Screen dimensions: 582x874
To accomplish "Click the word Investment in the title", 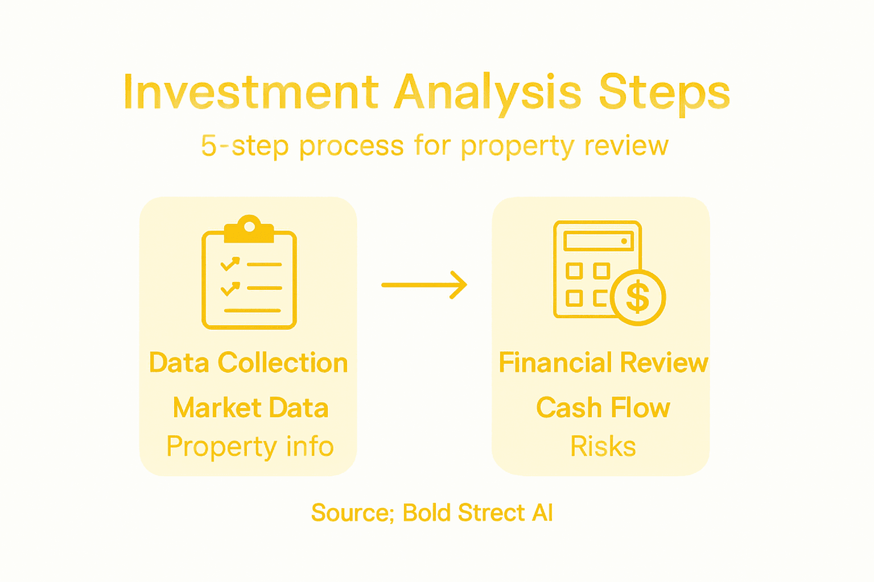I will coord(251,93).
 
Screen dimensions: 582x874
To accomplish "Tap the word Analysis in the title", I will coord(488,93).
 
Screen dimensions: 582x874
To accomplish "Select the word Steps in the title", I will coord(664,93).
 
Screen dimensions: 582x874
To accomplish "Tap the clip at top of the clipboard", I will coord(249,228).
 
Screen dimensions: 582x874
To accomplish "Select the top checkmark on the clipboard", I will coord(230,264).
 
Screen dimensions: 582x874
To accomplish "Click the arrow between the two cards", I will coord(424,285).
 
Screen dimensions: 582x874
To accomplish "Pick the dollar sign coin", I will coord(638,297).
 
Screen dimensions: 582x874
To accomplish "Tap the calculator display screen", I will coord(598,241).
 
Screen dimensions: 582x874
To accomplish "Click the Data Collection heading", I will coord(248,363).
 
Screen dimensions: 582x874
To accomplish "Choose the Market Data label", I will coord(250,408).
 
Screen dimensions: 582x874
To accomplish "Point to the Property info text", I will coord(250,447).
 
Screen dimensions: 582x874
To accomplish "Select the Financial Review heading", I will coord(603,363).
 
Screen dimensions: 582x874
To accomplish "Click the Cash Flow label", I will coord(603,408).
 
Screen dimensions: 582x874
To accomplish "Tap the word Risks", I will coord(603,447).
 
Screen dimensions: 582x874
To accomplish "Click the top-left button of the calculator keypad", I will coord(574,271).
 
